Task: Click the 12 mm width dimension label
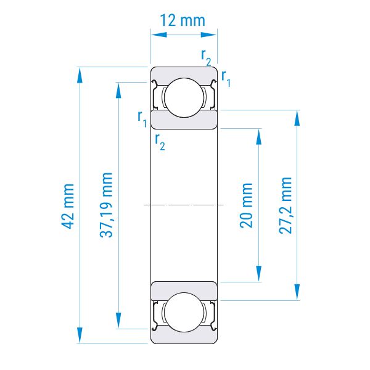pos(183,20)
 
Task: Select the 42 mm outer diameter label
pos(67,206)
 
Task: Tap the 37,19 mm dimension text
pos(106,205)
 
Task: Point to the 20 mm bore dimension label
pos(246,205)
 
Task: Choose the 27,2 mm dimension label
pos(286,205)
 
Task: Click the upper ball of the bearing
pos(184,97)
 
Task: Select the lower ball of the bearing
pos(184,313)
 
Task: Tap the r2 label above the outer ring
pos(206,57)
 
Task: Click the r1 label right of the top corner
pos(226,78)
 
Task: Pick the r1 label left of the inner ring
pos(142,119)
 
